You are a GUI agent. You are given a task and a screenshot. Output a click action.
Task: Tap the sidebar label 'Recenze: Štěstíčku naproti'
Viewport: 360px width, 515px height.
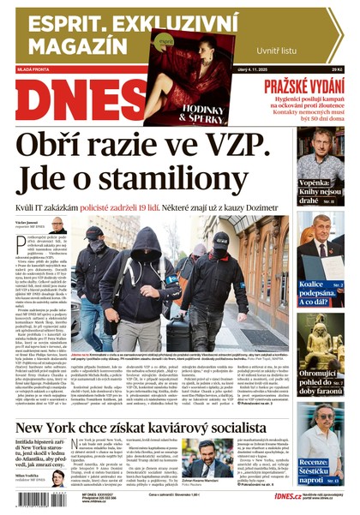[321, 469]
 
